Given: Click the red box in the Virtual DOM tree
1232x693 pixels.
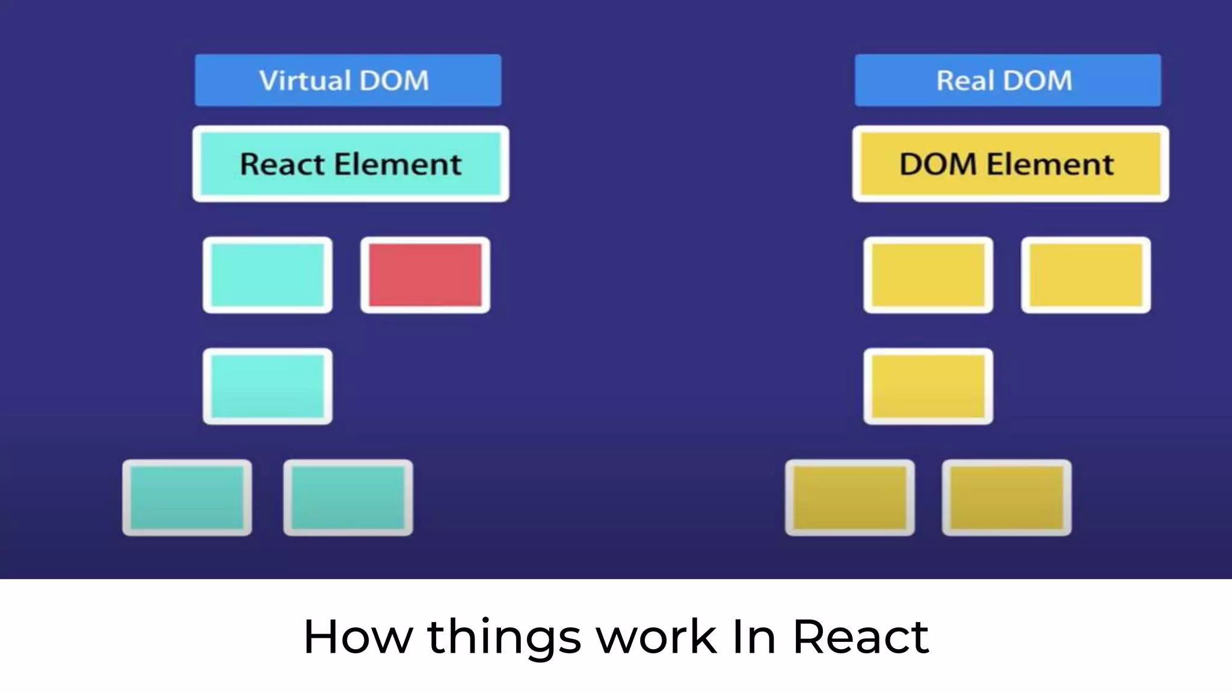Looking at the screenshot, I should coord(425,275).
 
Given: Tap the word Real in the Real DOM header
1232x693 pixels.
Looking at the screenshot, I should coord(964,81).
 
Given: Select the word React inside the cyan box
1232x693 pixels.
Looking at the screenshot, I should coord(282,164).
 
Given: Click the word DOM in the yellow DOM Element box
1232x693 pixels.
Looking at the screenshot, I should coord(938,164).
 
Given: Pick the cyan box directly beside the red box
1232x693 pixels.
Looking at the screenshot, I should coord(268,275).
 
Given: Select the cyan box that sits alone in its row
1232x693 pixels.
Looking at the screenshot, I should coord(268,386).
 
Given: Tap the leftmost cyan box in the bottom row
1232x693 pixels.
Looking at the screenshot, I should coord(187,497).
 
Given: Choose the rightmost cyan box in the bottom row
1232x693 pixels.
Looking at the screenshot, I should coord(348,497).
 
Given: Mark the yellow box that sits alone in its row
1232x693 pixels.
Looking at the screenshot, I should coord(928,386).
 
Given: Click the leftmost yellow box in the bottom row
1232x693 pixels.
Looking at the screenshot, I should coord(850,497).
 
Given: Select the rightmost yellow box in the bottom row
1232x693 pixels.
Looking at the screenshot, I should coord(1006,497).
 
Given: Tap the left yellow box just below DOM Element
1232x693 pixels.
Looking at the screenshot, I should coord(928,275).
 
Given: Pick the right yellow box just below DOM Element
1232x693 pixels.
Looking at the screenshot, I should coord(1086,275).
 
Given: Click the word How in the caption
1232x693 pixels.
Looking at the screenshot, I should coord(357,636).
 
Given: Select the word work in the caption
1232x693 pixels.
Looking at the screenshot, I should coord(656,636).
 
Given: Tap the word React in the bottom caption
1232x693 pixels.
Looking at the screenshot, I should coord(861,636).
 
